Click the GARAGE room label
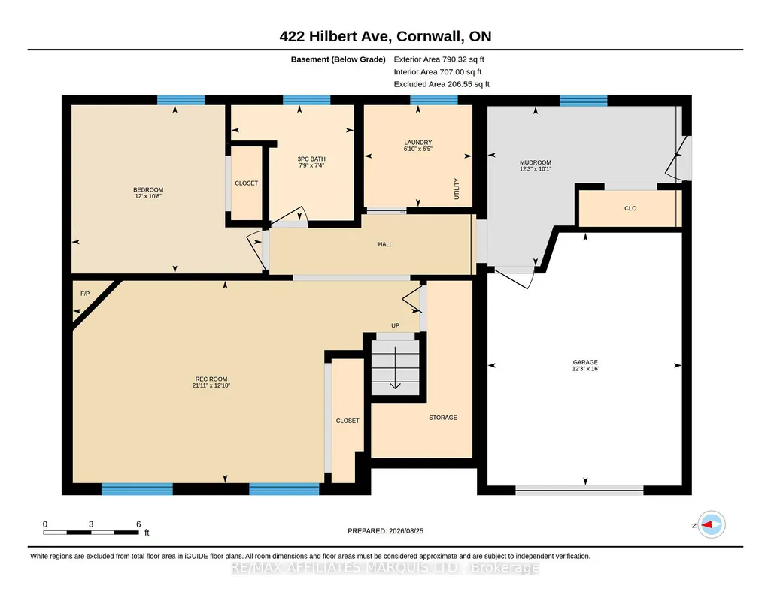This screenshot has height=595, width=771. (585, 362)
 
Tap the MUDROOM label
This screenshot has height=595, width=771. (536, 162)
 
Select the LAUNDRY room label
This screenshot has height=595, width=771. (418, 143)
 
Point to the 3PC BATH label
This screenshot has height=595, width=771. (311, 159)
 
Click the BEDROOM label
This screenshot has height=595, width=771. (148, 190)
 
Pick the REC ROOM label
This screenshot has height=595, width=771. (211, 379)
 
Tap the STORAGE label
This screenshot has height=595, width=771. (443, 417)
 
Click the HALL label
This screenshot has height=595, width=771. (385, 244)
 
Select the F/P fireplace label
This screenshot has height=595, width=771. (85, 294)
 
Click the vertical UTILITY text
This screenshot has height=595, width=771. (457, 189)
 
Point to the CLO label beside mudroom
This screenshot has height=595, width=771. (630, 208)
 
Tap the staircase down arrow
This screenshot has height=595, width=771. (396, 367)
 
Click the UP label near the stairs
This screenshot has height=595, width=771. (396, 325)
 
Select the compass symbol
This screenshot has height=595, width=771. (712, 525)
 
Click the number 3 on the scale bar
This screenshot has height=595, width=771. (91, 524)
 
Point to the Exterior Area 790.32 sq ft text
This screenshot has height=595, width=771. (439, 59)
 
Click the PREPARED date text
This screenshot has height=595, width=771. (385, 530)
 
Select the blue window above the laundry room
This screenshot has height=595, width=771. (434, 100)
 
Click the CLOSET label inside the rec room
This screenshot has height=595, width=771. (348, 421)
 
